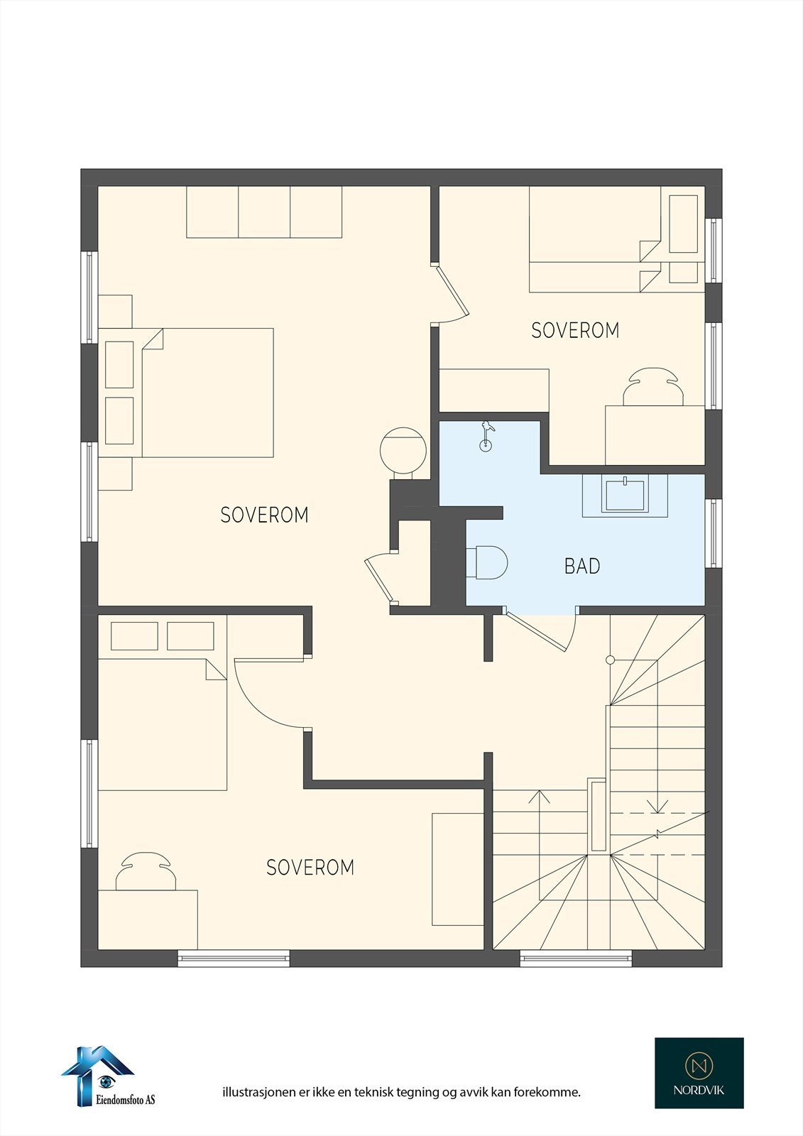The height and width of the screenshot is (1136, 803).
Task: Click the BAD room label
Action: point(582,565)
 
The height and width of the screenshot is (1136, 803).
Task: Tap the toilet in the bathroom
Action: point(487,562)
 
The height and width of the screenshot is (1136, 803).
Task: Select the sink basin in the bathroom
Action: point(625,496)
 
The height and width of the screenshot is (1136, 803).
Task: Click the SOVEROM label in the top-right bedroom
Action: point(575,330)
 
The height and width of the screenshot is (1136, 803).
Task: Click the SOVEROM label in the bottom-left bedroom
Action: point(310,867)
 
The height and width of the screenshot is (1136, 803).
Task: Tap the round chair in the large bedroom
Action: point(403,450)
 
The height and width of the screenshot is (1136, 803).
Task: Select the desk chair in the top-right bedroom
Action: point(653,386)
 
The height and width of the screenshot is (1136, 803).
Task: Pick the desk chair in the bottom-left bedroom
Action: point(146,870)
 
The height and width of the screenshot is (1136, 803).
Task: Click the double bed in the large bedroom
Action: point(185,393)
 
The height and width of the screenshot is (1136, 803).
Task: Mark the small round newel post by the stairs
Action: point(611,660)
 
